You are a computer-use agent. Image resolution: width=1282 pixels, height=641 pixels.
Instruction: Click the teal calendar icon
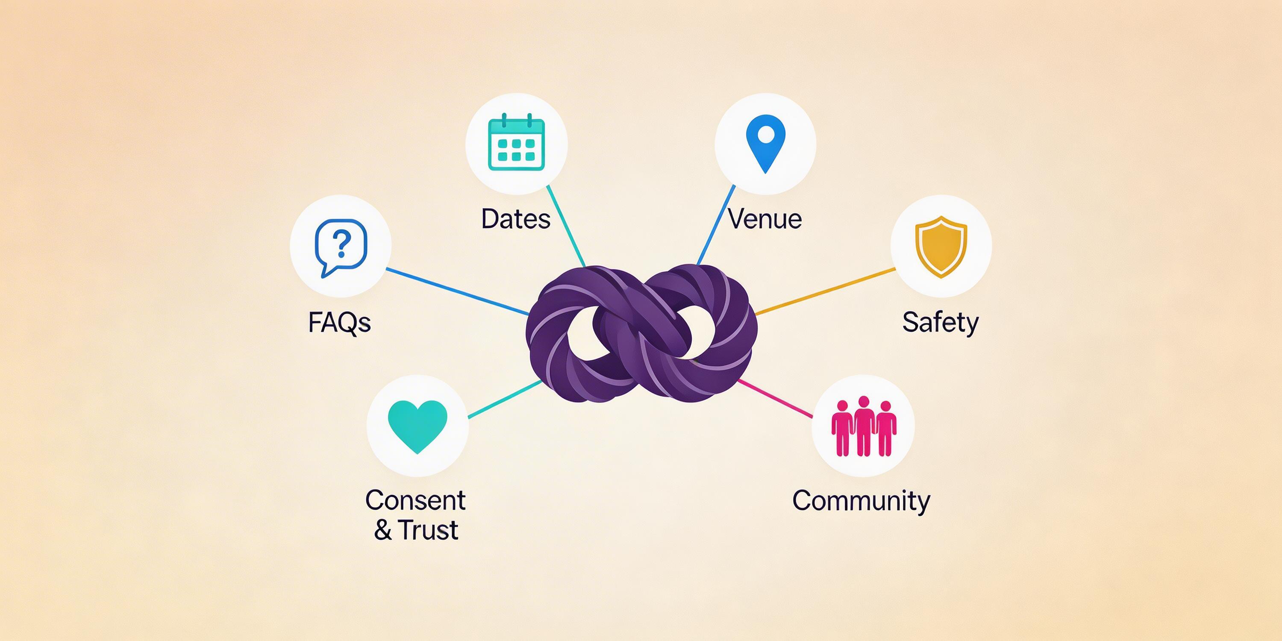[517, 143]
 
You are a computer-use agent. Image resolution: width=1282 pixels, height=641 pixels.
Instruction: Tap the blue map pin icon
[765, 143]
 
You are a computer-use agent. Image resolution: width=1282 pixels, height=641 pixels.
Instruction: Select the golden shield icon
[941, 246]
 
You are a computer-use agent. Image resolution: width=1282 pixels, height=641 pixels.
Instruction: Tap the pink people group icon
[864, 426]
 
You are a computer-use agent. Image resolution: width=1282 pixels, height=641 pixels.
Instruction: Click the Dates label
[516, 219]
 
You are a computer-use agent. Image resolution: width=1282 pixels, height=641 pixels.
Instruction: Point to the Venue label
[765, 219]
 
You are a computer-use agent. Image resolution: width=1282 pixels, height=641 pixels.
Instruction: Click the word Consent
[415, 500]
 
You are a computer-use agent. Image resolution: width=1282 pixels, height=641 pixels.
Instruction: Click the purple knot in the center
[641, 333]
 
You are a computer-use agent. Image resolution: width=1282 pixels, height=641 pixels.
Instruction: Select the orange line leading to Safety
[826, 291]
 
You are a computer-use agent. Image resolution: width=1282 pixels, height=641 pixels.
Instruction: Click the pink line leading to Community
[775, 399]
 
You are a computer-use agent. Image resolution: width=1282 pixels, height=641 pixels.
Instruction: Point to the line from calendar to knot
[566, 226]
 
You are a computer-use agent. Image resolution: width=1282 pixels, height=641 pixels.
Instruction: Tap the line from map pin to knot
[716, 225]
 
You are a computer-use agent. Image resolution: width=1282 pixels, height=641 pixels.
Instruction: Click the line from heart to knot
[505, 399]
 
